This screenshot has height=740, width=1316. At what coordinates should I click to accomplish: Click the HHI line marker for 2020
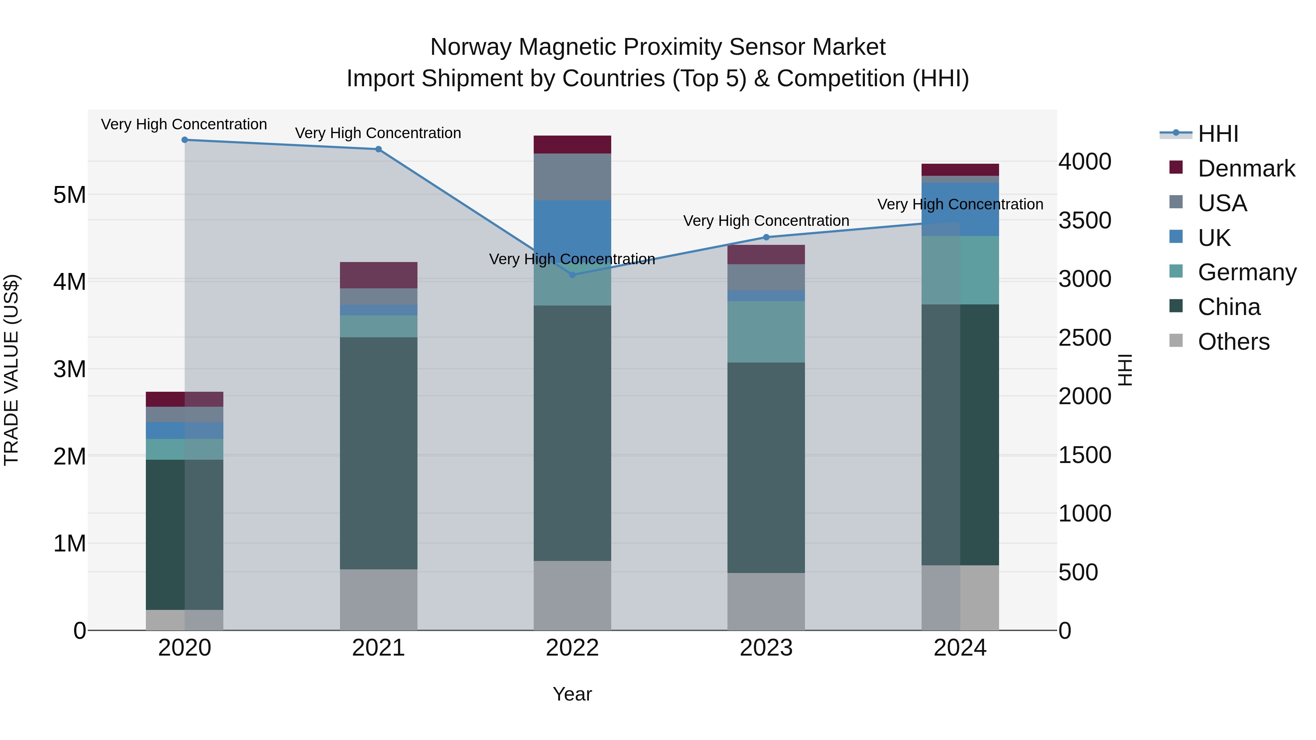[185, 140]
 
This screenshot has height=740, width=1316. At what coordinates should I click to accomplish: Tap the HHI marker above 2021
[379, 149]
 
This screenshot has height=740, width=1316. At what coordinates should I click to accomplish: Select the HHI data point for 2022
[572, 275]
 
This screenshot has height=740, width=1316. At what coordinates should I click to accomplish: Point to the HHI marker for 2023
[766, 237]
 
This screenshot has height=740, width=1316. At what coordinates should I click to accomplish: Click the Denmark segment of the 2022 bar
[572, 144]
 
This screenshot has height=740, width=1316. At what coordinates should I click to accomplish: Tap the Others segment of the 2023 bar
[766, 601]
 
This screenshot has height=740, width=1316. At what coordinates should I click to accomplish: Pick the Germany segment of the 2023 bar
[766, 331]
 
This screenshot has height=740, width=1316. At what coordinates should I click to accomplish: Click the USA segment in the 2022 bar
[572, 177]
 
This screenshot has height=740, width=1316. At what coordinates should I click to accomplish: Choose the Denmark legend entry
[1246, 168]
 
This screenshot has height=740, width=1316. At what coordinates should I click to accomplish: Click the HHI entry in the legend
[1218, 134]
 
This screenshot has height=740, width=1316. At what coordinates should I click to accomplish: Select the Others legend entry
[1233, 342]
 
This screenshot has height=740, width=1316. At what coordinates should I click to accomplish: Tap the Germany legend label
[1247, 272]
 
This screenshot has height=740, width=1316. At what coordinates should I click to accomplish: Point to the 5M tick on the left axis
[70, 194]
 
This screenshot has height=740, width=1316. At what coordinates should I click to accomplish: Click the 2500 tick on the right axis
[1085, 338]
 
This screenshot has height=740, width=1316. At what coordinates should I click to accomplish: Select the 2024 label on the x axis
[960, 648]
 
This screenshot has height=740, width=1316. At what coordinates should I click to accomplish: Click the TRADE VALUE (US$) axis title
[11, 370]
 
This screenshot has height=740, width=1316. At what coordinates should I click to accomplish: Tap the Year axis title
[572, 694]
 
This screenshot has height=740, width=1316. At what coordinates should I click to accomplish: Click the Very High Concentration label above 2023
[766, 221]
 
